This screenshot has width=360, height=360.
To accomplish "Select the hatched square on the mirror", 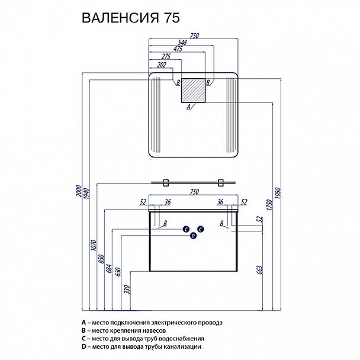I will [x=193, y=90].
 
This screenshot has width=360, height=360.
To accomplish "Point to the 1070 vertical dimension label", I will [x=92, y=243].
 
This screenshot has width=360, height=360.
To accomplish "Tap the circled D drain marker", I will [x=193, y=236].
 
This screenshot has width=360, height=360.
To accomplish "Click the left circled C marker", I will [x=185, y=229].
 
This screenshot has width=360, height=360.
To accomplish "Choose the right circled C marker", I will [x=201, y=229].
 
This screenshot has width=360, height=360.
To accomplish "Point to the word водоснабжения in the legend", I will [x=183, y=339].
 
